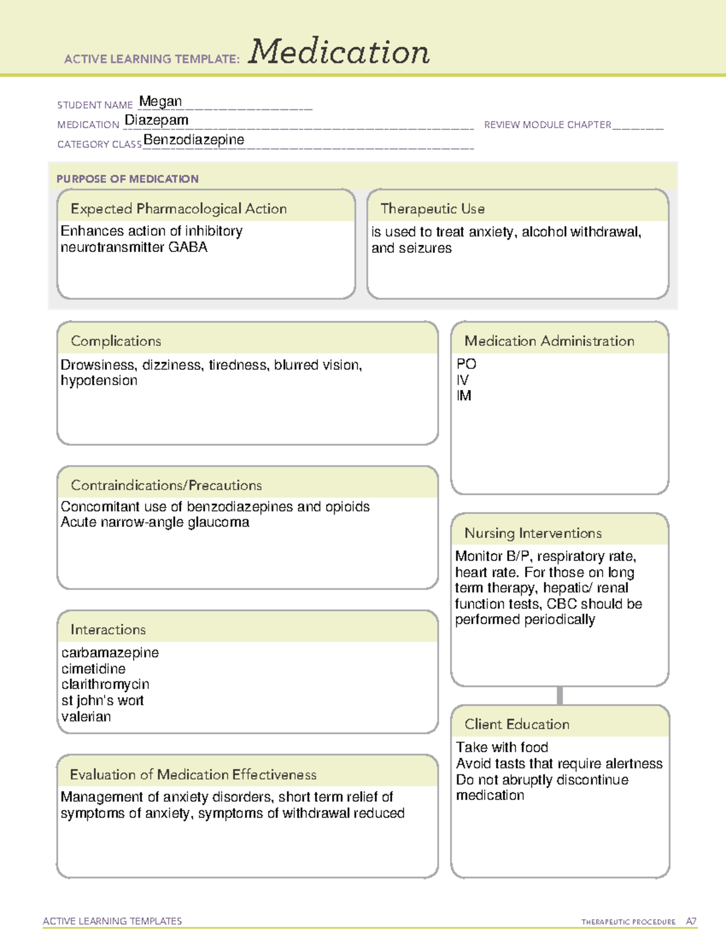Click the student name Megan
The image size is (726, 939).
(x=160, y=102)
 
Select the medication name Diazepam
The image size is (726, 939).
(x=157, y=120)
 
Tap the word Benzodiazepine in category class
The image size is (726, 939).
(x=194, y=140)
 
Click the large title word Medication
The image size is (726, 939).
(x=339, y=52)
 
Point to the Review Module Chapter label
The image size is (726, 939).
(x=548, y=125)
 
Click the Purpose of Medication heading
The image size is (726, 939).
(x=128, y=179)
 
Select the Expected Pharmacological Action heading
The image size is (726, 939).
(x=178, y=209)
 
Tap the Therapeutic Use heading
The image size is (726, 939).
(x=433, y=209)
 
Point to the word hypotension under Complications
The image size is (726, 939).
(x=99, y=381)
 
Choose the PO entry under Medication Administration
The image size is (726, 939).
(x=466, y=364)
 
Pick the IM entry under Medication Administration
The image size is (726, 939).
(x=464, y=396)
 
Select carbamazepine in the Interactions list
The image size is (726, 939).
(x=110, y=653)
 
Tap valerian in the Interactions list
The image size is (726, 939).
(x=86, y=717)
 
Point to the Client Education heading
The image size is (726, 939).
(x=517, y=724)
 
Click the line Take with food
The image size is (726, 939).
(x=502, y=748)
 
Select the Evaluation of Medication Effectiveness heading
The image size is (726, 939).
(x=193, y=775)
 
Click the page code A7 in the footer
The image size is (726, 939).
(x=691, y=921)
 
